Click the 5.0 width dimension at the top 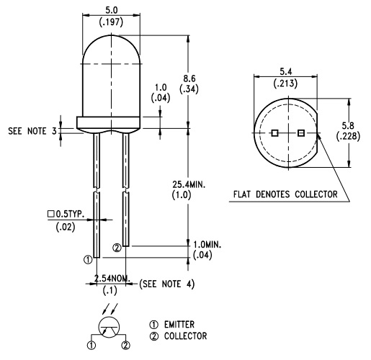(x=112, y=10)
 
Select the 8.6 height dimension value (x=189, y=78)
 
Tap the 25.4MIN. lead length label (x=189, y=184)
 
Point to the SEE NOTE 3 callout (x=32, y=131)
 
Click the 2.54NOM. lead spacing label (x=112, y=279)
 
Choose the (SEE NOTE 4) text (x=167, y=284)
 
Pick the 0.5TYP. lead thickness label (x=70, y=214)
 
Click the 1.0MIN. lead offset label (x=207, y=245)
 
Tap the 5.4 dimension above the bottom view (x=286, y=71)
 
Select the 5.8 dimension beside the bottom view (x=348, y=125)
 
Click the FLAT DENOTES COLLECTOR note (x=285, y=194)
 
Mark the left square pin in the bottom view (x=274, y=132)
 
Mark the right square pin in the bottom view (x=301, y=132)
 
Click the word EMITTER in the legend (x=179, y=325)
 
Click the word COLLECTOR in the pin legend (x=185, y=336)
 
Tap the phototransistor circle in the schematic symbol (x=109, y=317)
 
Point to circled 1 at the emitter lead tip (x=88, y=259)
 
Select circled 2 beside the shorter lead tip (x=117, y=248)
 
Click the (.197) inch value (x=111, y=22)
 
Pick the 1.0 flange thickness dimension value (x=161, y=87)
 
